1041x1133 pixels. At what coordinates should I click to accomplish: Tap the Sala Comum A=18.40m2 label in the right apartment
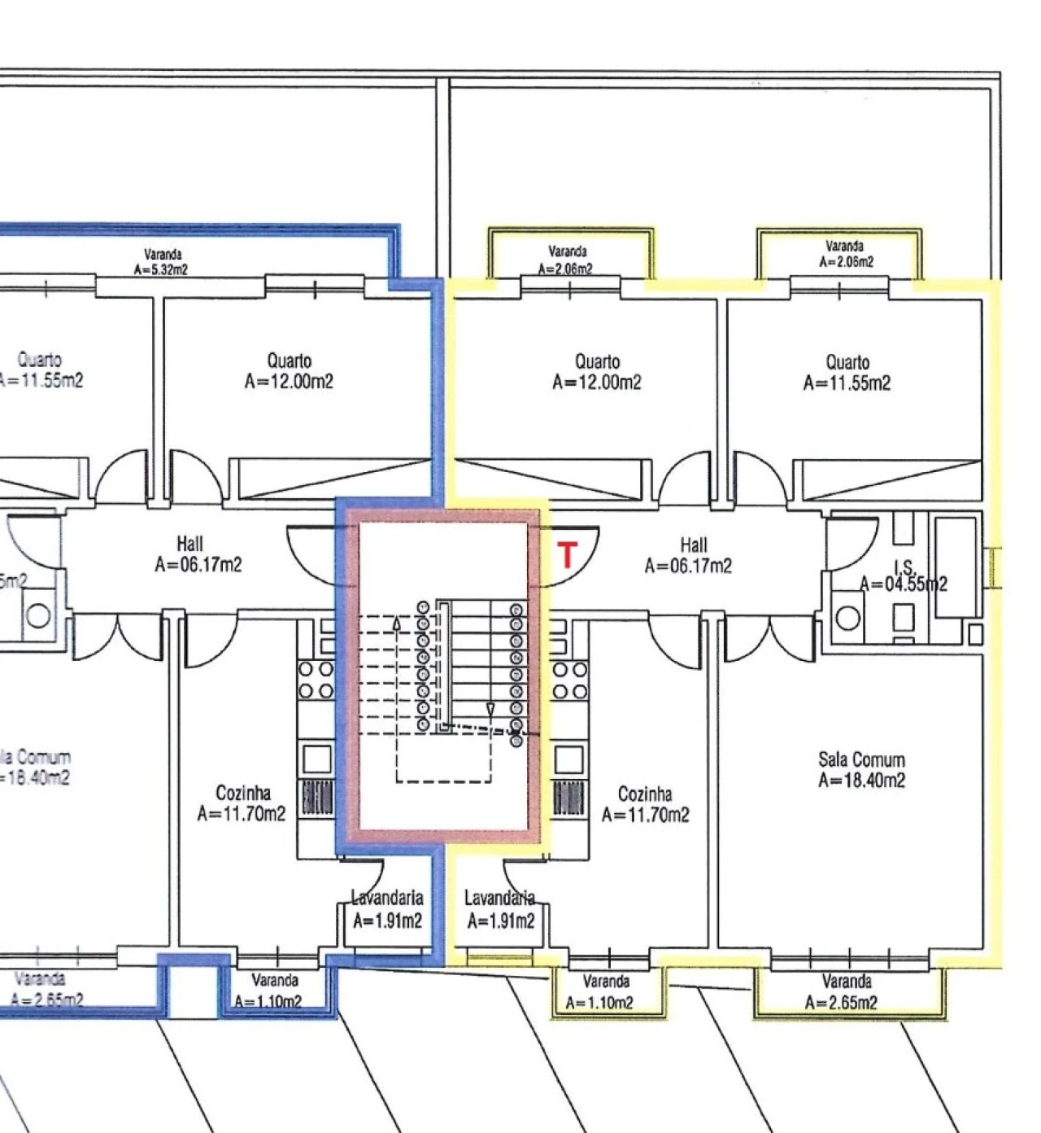[x=861, y=770]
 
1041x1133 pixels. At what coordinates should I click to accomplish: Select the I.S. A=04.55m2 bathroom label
[x=903, y=576]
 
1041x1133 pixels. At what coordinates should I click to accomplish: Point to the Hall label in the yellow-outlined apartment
[x=688, y=555]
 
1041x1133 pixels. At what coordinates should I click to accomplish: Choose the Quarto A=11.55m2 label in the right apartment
[x=847, y=372]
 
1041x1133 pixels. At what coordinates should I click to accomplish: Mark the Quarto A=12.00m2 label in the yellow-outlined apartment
[x=596, y=372]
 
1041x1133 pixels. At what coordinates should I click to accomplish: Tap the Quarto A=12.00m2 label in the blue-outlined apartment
[x=289, y=370]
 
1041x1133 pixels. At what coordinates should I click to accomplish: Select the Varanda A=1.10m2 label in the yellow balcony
[x=606, y=992]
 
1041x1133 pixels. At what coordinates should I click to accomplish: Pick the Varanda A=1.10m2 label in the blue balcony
[x=273, y=991]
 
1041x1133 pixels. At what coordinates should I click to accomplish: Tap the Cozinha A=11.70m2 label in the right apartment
[x=645, y=804]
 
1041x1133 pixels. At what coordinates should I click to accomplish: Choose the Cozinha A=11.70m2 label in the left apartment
[x=242, y=803]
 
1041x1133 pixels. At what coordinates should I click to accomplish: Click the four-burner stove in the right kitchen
[x=570, y=680]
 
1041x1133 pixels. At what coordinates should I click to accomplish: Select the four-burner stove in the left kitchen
[x=316, y=680]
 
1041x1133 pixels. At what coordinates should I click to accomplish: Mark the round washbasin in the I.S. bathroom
[x=847, y=618]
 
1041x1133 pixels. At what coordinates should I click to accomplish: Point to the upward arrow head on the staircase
[x=396, y=623]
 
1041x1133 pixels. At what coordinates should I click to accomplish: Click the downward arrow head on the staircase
[x=490, y=711]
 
